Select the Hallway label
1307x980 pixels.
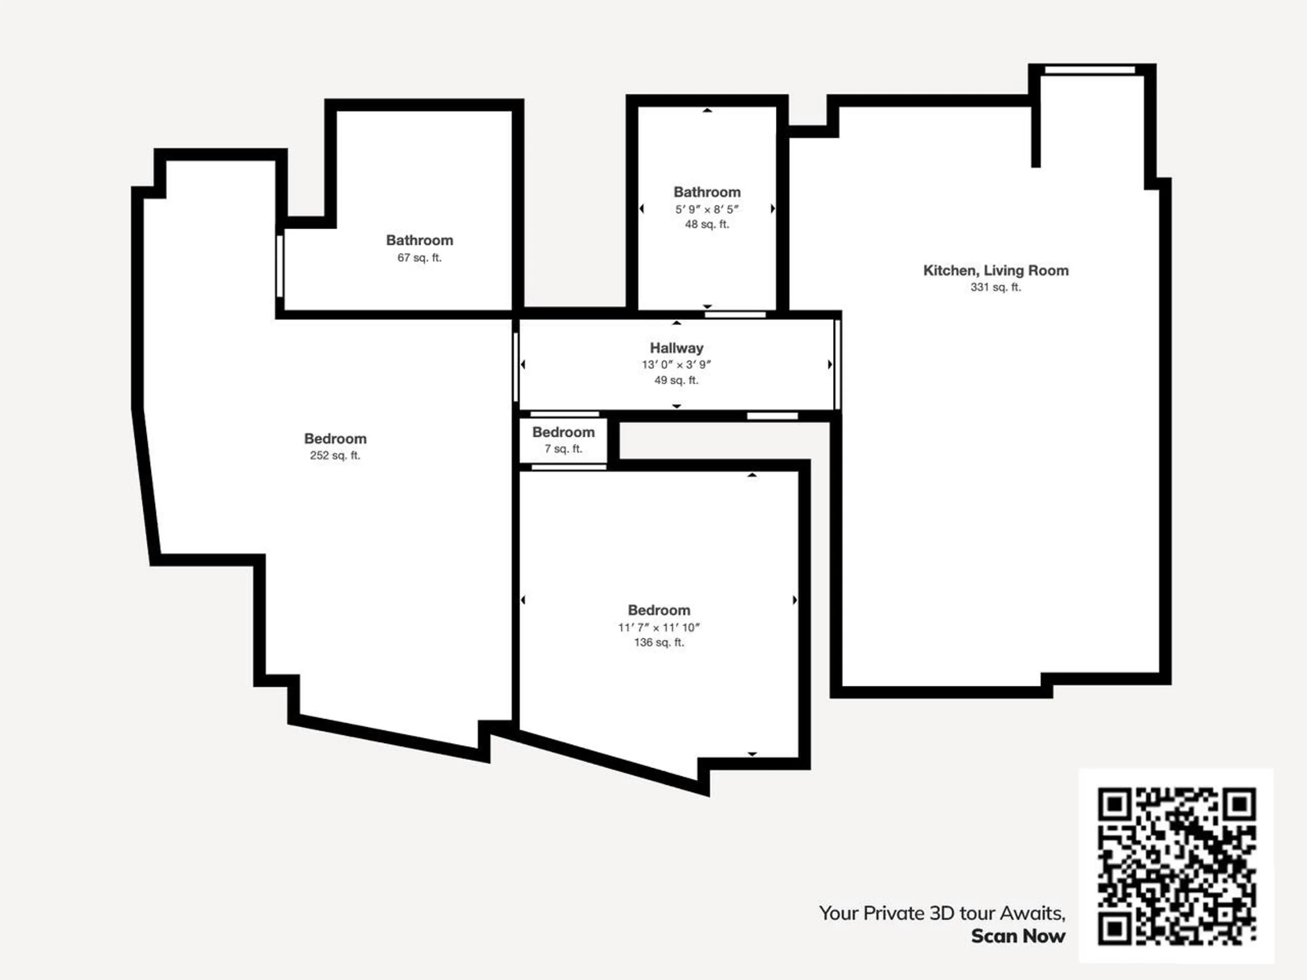pos(677,348)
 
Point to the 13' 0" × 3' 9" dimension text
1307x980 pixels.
pos(677,364)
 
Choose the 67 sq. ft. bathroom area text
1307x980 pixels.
pos(420,258)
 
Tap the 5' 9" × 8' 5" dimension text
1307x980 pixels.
pos(707,209)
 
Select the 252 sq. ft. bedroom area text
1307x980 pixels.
pos(335,455)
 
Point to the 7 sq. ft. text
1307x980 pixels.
pos(564,449)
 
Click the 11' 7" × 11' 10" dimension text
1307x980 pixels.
pos(659,627)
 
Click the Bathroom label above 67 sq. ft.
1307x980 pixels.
pos(420,241)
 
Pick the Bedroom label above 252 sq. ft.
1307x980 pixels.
pos(335,439)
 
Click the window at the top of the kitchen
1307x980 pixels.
pos(1090,70)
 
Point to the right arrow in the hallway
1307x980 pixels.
pos(830,364)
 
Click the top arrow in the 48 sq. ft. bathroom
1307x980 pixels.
pos(707,111)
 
